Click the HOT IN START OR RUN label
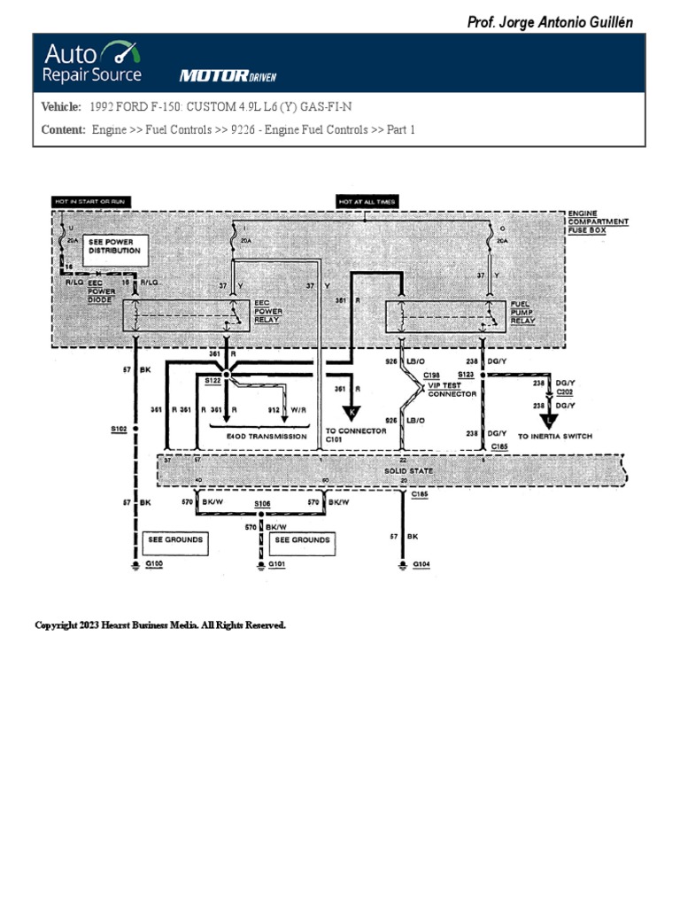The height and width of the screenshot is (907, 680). tap(91, 202)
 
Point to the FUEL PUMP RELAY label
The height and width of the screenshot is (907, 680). tap(522, 312)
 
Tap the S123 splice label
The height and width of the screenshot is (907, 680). tap(467, 374)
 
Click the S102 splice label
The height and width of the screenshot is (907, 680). tap(119, 429)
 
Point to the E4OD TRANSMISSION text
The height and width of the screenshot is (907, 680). tap(266, 437)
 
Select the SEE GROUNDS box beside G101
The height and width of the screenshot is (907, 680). tap(302, 540)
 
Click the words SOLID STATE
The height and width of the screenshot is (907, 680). tap(409, 471)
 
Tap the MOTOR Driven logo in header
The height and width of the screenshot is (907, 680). tap(228, 76)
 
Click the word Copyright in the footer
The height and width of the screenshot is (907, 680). tap(56, 625)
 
